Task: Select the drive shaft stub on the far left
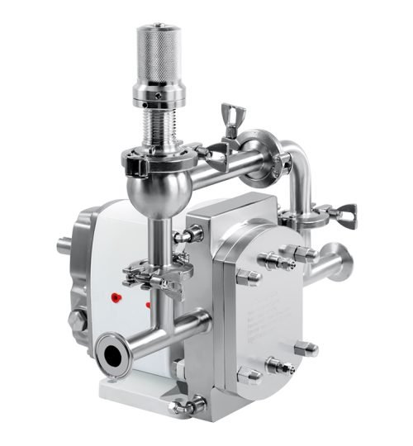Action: tap(64, 245)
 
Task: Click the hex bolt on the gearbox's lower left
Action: tap(76, 320)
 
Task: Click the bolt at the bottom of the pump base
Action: tap(188, 405)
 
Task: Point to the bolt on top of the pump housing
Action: tap(188, 235)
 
